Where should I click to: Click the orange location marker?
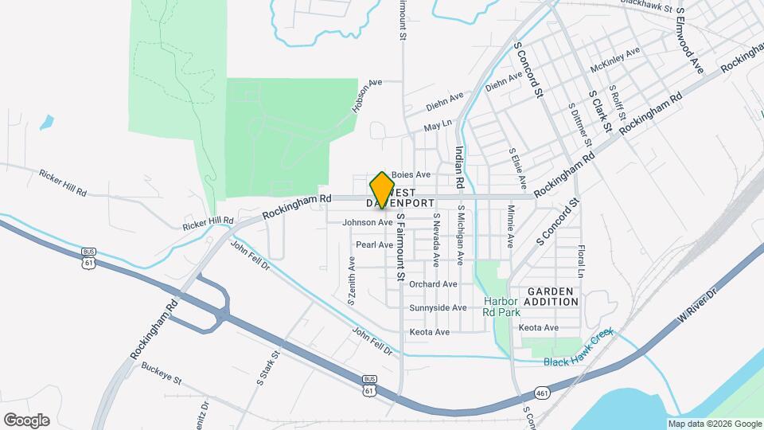tap(383, 189)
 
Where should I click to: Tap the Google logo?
tap(25, 420)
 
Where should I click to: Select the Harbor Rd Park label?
tap(501, 307)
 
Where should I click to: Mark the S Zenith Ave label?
tap(351, 279)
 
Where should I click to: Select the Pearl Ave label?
tap(374, 244)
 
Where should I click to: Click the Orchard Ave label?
tap(433, 283)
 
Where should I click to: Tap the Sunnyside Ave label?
tap(438, 307)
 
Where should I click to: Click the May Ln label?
tap(438, 125)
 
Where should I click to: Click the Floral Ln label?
tap(582, 261)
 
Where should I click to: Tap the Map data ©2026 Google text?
tap(715, 424)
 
